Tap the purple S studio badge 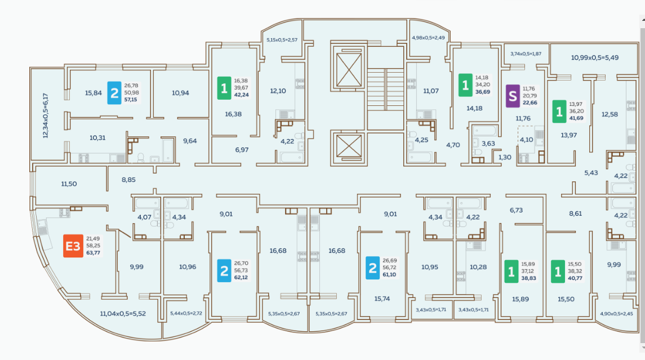[x=512, y=96]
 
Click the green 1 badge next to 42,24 [x=224, y=87]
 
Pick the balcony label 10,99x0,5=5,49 [x=595, y=57]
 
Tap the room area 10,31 [x=97, y=137]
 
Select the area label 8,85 [x=129, y=180]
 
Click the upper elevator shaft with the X [x=349, y=72]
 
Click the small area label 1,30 [x=505, y=157]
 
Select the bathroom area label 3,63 [x=488, y=144]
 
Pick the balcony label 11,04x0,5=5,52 [x=122, y=313]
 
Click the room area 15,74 [x=381, y=299]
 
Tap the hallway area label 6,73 [x=516, y=210]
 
